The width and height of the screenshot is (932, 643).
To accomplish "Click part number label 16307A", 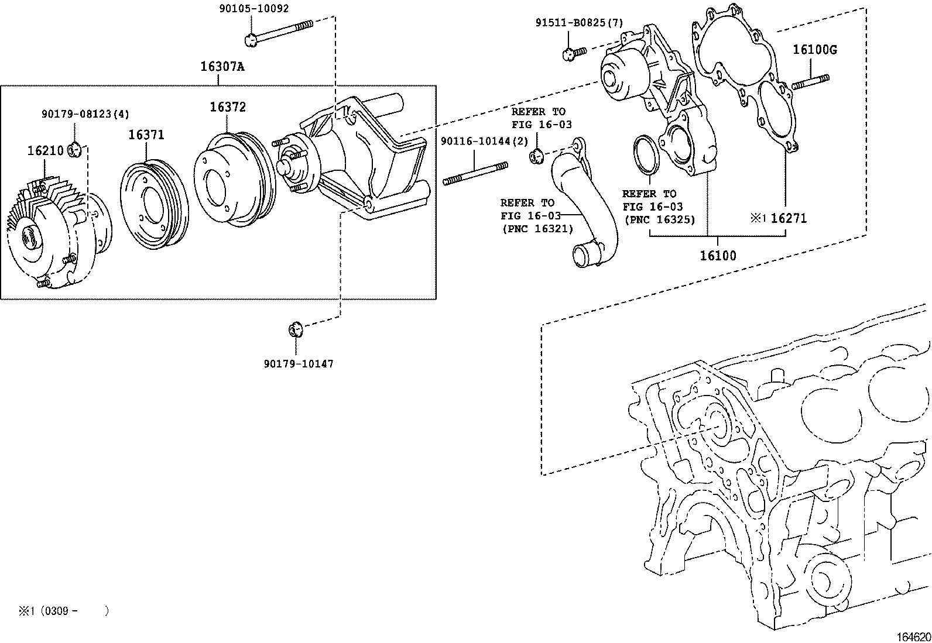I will point(222,67).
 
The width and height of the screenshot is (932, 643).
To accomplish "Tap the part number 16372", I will point(228,107).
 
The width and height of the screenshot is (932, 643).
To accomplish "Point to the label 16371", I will point(146,135).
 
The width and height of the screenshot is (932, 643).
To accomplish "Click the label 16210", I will point(45,151).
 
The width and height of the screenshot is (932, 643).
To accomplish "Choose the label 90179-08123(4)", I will point(85,114).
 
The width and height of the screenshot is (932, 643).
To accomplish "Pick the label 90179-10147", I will point(298,364).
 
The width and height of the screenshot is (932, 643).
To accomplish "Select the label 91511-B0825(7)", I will point(579,23).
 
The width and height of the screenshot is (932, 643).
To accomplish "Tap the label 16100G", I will point(814,50).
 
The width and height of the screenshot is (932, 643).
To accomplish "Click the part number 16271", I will point(788,219).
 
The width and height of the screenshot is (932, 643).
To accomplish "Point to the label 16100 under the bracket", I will point(718,256).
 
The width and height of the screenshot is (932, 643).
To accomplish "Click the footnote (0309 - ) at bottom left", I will point(63,611).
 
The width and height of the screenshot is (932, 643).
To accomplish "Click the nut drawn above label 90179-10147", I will point(296,329).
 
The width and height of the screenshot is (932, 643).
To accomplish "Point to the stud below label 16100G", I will point(810,82).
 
